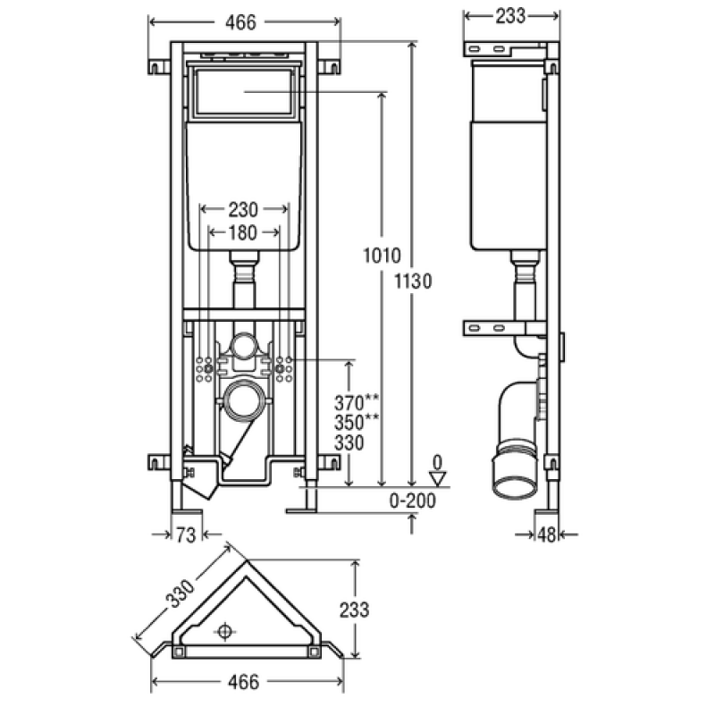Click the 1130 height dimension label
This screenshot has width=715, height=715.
coord(413,281)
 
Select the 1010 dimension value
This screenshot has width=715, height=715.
coord(383,256)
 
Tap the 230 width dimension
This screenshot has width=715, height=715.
coord(243,210)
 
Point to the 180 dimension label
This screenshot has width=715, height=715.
coord(242,233)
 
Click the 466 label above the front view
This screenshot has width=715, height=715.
coord(240,22)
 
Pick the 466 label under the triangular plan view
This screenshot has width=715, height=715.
coord(243,682)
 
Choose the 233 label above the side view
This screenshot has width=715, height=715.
coord(510,16)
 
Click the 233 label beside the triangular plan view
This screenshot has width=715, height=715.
coord(354,610)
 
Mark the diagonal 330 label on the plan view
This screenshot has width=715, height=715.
coord(181,593)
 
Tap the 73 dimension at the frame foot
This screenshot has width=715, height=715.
coord(186,534)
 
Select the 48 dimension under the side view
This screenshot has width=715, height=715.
coord(547,534)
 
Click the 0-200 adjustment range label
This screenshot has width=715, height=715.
coord(413,500)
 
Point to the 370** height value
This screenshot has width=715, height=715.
coord(356,403)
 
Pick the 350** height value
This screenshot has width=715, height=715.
coord(356,422)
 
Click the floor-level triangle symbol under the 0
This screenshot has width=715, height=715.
coord(438,479)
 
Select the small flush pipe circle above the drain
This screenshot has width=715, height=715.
coord(244,346)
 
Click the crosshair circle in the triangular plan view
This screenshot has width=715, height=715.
coord(224,632)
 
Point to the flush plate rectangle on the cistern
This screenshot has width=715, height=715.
coord(243,92)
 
